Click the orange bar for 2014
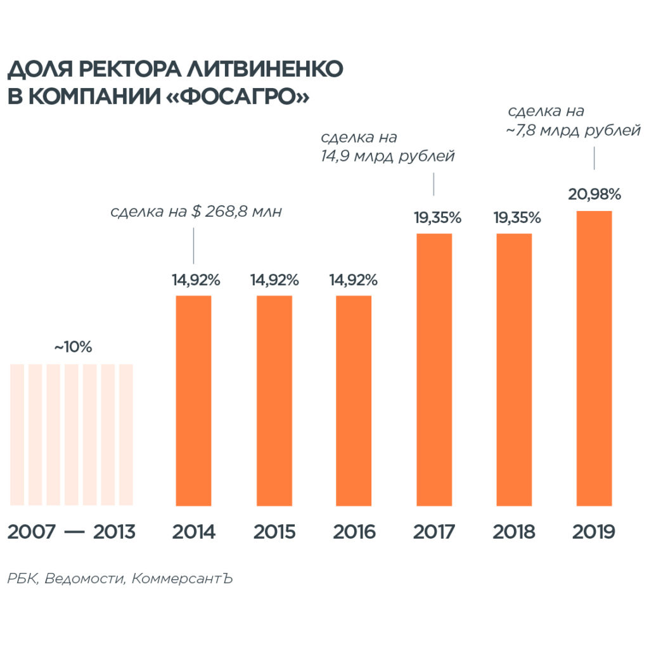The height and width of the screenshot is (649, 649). point(193,401)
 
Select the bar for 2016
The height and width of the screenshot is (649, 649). point(354,401)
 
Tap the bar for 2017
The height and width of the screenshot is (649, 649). point(434,369)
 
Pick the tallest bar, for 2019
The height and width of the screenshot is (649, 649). point(594,358)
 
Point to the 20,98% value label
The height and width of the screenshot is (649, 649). point(594,195)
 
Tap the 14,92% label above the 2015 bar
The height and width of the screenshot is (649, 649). point(274,280)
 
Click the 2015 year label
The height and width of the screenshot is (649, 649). point(274,532)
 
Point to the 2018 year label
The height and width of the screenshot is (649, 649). point(514,532)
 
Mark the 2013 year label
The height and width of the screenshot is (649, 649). point(114,532)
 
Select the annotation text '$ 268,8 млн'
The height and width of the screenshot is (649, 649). point(237,212)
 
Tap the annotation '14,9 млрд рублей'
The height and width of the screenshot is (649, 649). point(388,156)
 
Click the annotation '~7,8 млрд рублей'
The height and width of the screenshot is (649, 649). point(573,131)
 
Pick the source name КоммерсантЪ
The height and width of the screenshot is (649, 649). point(183,579)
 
